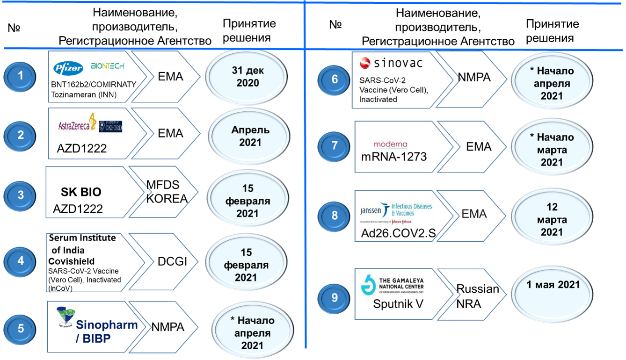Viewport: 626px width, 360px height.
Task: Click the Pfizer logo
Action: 68,68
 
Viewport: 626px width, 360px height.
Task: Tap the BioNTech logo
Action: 108,66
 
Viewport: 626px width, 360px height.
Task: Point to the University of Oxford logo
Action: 111,126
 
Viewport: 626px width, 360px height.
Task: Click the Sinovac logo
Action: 391,63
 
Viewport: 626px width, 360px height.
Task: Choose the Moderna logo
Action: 391,144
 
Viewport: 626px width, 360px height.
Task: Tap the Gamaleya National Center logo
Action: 392,284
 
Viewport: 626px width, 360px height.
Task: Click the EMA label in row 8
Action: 474,215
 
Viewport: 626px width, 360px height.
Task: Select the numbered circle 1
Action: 21,75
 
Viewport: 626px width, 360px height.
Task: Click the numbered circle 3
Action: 21,195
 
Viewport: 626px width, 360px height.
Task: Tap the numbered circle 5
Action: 21,328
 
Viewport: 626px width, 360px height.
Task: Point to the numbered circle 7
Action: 334,145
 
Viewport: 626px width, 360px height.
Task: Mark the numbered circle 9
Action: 334,298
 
